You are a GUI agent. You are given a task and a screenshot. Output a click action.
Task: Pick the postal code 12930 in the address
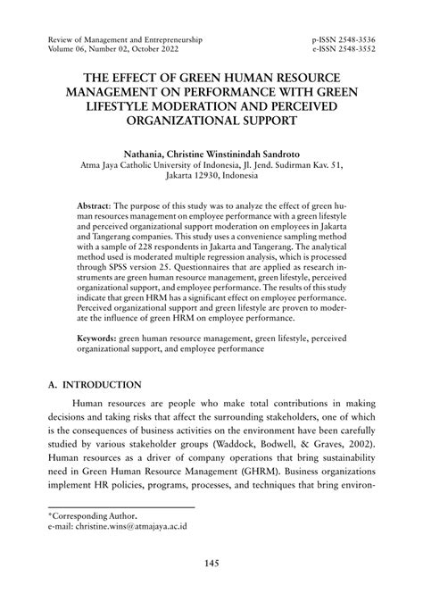(x=211, y=176)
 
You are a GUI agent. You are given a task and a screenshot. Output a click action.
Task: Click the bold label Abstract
(x=94, y=205)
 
